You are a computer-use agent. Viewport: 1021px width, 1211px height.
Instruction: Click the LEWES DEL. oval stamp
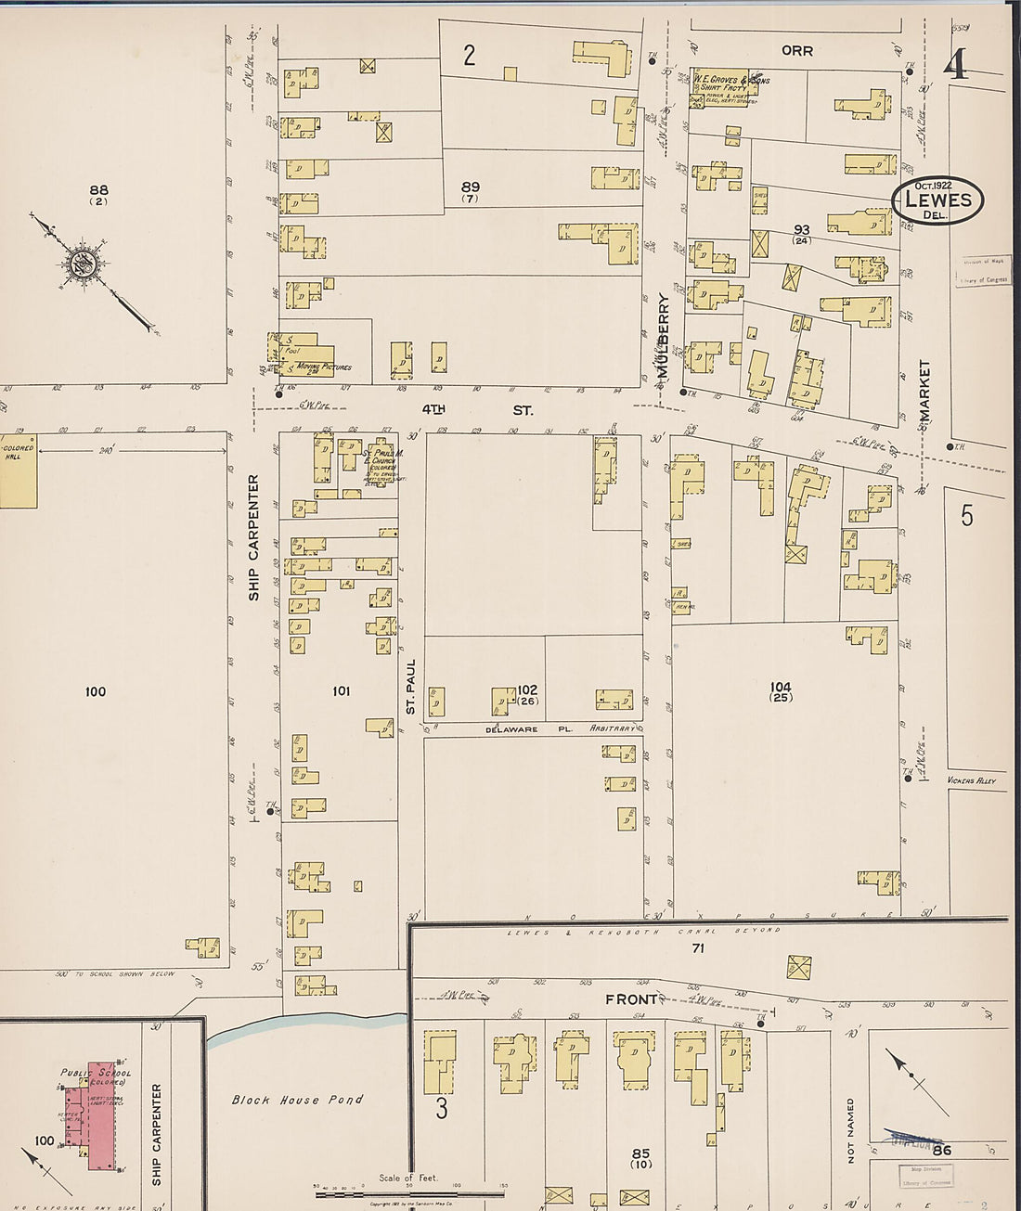(x=937, y=200)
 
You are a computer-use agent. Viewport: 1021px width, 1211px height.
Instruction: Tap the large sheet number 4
(x=955, y=64)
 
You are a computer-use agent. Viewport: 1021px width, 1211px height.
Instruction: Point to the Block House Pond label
(x=297, y=1100)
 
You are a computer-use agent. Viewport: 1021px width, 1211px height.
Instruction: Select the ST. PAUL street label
(x=410, y=687)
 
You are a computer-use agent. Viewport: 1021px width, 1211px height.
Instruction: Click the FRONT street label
(x=632, y=999)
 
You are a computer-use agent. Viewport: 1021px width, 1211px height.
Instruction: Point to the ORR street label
(x=796, y=51)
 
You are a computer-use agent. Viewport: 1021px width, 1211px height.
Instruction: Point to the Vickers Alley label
(x=971, y=780)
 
